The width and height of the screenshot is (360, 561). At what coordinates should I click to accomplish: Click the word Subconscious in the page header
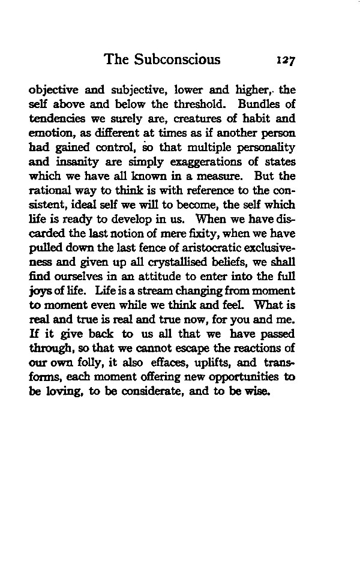[178, 59]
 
